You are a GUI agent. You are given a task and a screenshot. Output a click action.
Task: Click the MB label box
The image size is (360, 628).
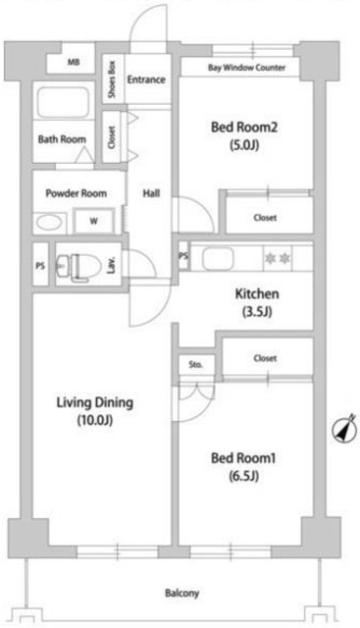tap(74, 62)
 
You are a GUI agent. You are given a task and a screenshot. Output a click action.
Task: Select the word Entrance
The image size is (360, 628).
tap(145, 78)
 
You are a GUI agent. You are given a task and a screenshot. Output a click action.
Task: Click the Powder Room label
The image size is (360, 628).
tap(76, 193)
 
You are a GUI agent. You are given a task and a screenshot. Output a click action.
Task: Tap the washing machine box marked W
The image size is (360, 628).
tap(94, 221)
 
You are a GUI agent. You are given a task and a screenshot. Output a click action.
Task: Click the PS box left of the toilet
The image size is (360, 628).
tap(40, 265)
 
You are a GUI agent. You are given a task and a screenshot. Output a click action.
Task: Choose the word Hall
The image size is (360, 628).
tap(151, 193)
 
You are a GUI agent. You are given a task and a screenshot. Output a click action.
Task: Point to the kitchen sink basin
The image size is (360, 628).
tap(215, 258)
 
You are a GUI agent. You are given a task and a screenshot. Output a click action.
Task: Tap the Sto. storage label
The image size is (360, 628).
tap(195, 364)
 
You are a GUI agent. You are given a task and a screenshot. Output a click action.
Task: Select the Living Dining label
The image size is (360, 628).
tap(93, 401)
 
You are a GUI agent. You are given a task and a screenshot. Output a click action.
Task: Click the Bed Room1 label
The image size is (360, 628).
tap(240, 457)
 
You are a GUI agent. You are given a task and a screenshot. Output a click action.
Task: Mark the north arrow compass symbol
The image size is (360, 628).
tap(343, 429)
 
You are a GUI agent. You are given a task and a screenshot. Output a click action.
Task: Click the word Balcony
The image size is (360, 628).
tap(180, 593)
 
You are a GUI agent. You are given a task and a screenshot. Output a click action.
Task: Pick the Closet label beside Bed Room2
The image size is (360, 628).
tap(265, 217)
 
